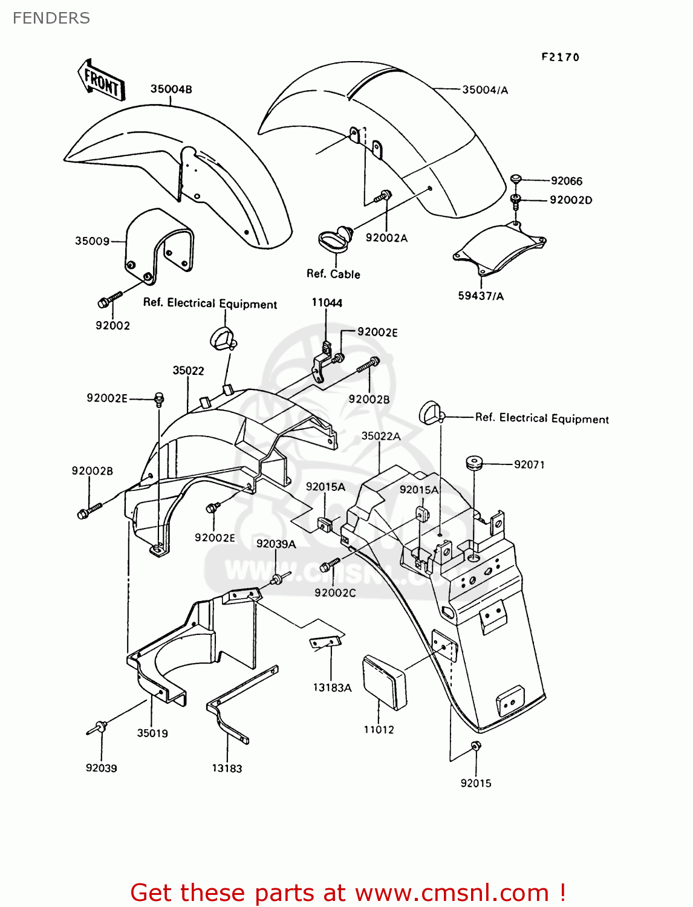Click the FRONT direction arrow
coord(101,80)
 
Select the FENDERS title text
coord(51,18)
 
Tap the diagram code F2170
coord(560,57)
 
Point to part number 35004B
coord(171,89)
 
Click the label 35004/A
coord(485,90)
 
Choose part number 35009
coord(92,241)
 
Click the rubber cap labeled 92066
coord(516,179)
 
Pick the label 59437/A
coord(481,296)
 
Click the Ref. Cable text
coord(333,274)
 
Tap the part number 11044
coord(327,302)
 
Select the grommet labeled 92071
coord(473,464)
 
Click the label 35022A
coord(381,436)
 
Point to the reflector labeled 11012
coord(385,683)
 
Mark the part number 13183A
coord(332,688)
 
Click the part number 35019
coord(152,733)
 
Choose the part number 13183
coord(227,769)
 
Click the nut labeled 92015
coord(475,746)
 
